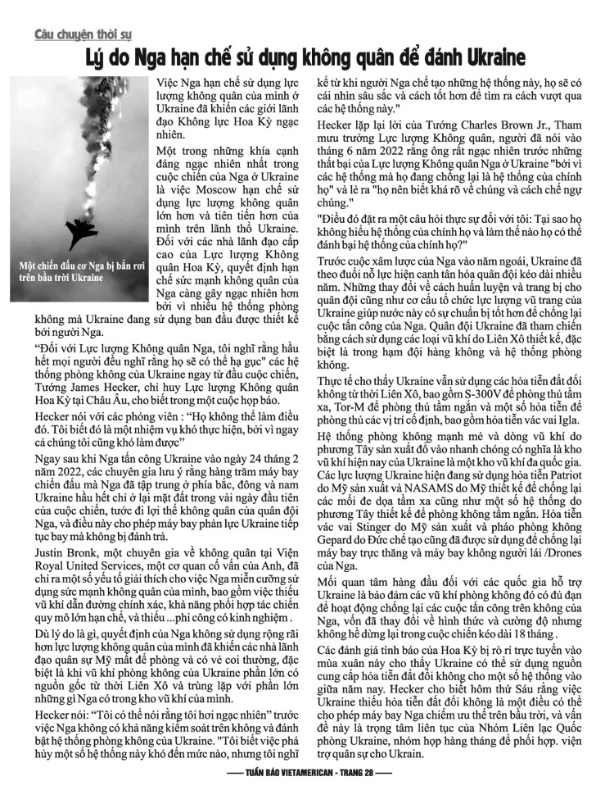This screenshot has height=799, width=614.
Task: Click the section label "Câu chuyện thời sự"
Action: [82, 35]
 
